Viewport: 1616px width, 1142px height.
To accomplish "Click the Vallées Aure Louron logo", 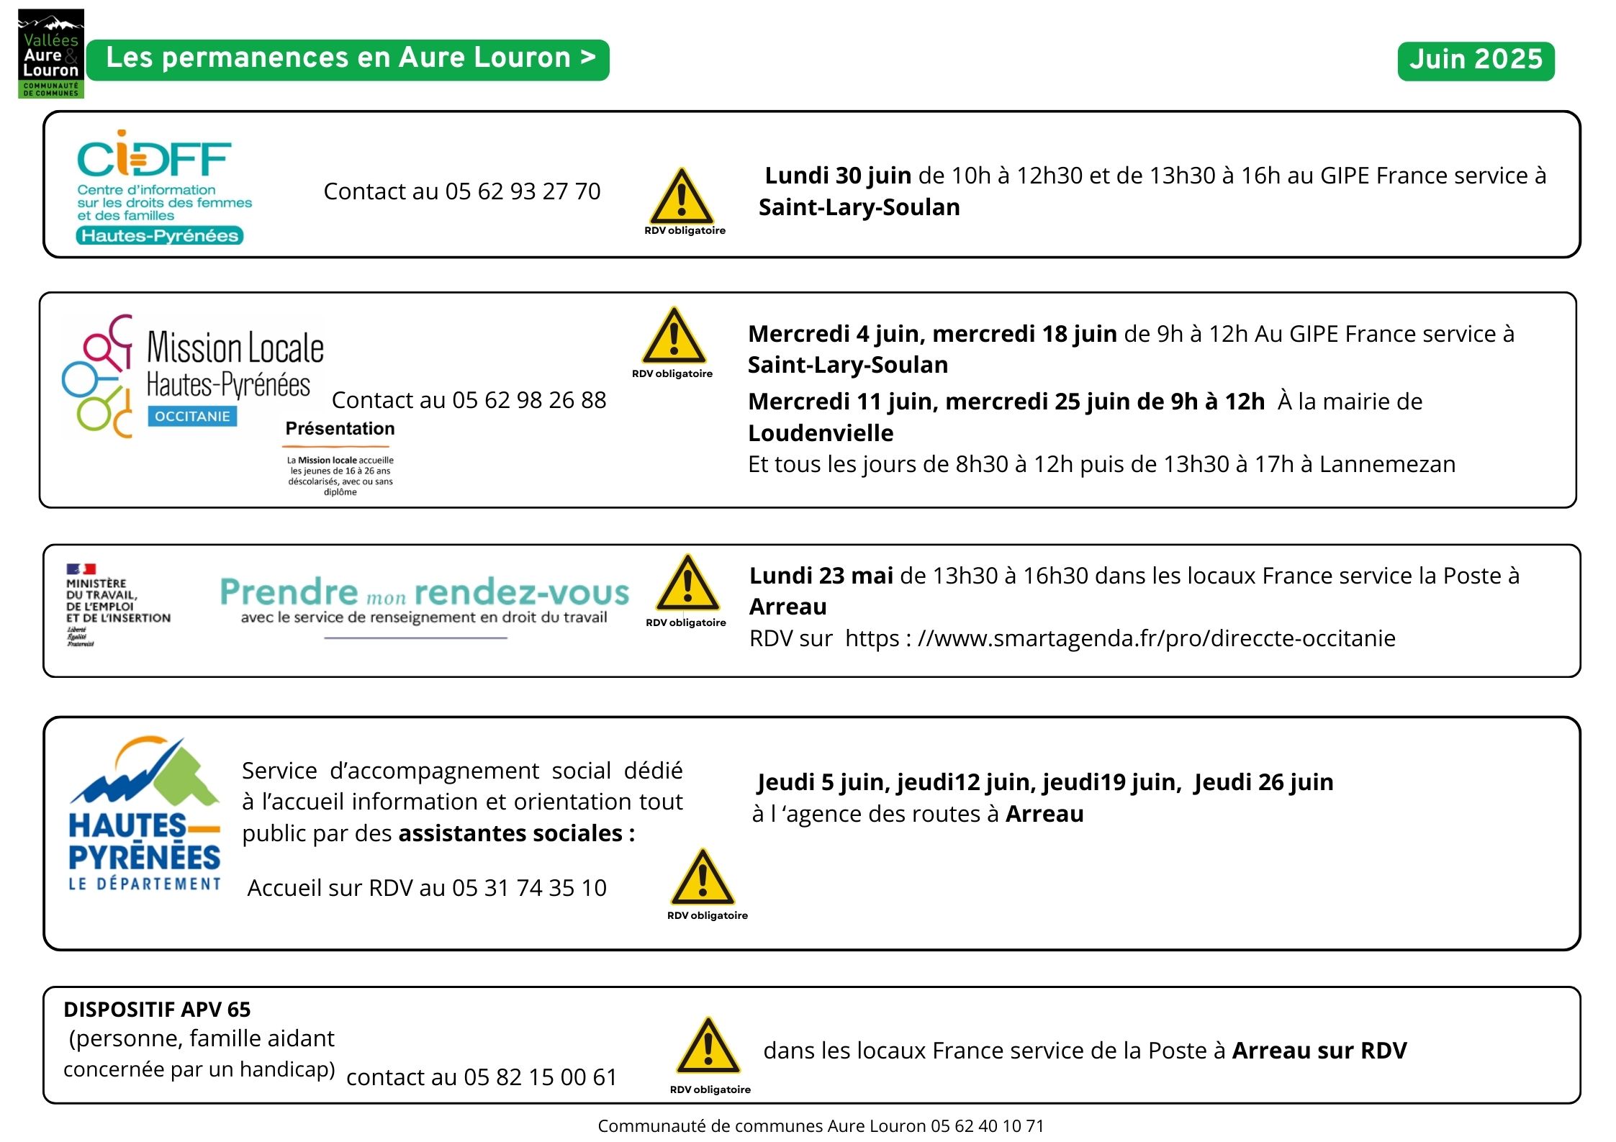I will click(x=50, y=54).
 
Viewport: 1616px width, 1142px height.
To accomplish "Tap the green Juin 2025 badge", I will click(x=1476, y=60).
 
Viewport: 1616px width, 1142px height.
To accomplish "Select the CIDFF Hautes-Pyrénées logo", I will click(x=162, y=187).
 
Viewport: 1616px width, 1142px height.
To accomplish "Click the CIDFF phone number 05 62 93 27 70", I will click(x=523, y=191).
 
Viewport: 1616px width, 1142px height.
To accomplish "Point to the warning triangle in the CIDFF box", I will click(x=682, y=197).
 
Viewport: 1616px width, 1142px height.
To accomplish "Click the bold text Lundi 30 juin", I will click(x=838, y=176).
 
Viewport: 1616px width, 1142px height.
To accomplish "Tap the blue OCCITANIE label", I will click(x=192, y=417).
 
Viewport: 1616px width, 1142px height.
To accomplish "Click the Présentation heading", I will click(x=340, y=429).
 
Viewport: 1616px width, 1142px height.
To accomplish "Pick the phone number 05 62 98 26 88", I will click(x=529, y=400).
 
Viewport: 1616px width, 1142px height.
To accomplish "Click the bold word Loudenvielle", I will click(x=821, y=433).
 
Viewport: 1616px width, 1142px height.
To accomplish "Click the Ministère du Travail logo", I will click(x=118, y=604).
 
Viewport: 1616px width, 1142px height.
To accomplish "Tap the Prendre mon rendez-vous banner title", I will click(x=425, y=592).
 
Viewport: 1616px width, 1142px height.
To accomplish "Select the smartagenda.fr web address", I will click(x=1120, y=638).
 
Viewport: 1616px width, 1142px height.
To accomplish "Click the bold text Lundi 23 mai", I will click(x=821, y=576).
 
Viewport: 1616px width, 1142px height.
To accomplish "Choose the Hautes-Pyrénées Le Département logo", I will click(x=144, y=815).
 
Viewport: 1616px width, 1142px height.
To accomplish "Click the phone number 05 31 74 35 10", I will click(x=529, y=888).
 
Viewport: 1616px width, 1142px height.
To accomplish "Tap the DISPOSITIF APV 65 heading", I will click(x=157, y=1010).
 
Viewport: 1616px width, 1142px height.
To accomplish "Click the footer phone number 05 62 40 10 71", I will click(x=987, y=1126).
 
